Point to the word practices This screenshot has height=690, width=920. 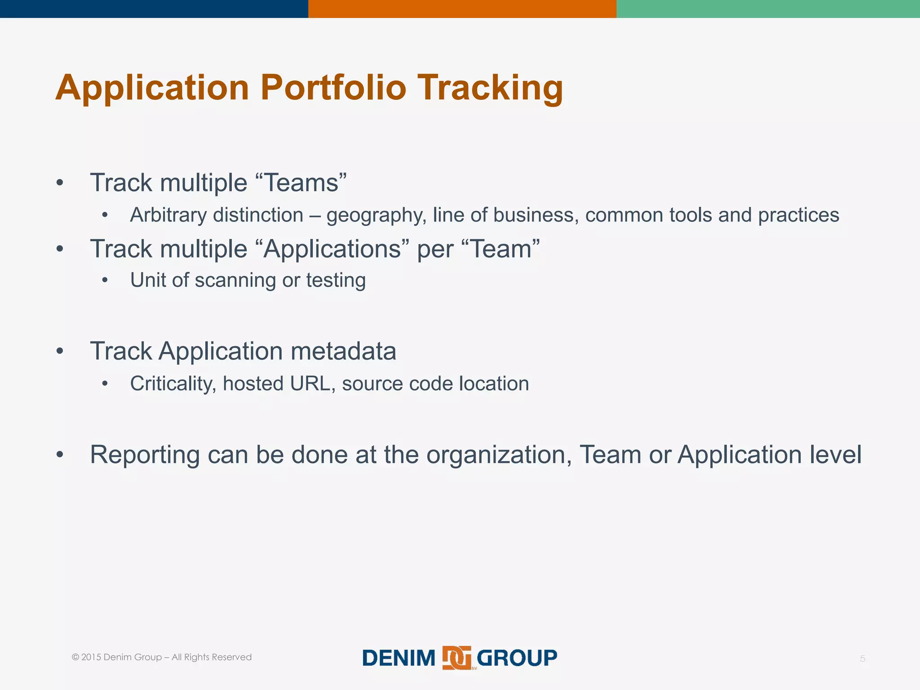click(x=798, y=215)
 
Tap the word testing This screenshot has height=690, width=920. click(x=336, y=280)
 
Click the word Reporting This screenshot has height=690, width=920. click(x=145, y=455)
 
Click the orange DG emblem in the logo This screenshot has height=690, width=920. click(x=456, y=658)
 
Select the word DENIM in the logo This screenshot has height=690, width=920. click(x=398, y=658)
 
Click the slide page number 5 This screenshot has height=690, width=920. click(x=862, y=659)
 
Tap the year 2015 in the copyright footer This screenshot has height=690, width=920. click(x=91, y=657)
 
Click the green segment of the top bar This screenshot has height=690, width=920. click(x=768, y=9)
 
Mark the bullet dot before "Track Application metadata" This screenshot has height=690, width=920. click(x=60, y=351)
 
